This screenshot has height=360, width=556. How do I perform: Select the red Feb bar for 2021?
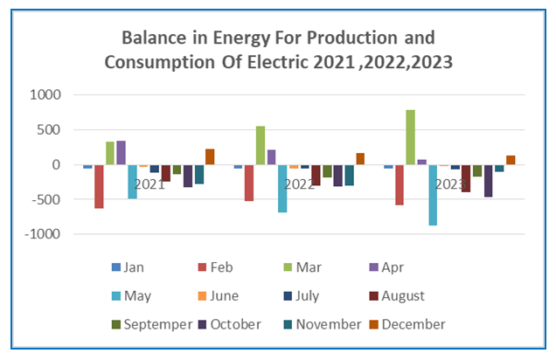(99, 186)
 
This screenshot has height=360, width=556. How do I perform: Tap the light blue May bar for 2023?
(433, 195)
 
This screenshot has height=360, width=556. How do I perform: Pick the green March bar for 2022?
(260, 145)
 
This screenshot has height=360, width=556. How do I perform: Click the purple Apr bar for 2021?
(122, 153)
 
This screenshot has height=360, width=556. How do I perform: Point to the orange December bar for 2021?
(210, 156)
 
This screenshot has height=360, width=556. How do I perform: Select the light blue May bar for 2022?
(282, 188)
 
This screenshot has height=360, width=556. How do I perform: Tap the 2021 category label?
(149, 184)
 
